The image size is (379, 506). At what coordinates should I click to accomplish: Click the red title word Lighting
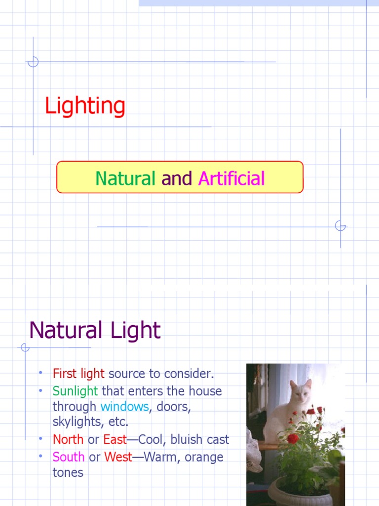85,106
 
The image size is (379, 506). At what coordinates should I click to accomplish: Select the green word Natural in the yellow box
125,178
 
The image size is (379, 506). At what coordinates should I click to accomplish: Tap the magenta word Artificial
231,178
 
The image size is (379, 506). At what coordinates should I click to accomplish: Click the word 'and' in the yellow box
177,178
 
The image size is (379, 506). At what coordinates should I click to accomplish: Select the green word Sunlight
75,391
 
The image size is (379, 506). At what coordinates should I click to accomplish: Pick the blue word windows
124,407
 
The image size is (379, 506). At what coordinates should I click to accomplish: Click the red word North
68,439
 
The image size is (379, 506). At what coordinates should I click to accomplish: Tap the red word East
115,439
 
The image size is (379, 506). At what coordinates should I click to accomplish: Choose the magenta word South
69,457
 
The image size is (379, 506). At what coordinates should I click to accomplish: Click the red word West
118,457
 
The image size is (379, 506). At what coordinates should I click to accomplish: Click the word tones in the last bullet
68,472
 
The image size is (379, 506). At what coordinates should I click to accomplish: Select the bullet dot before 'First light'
41,372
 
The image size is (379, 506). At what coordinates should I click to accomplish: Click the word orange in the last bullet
204,457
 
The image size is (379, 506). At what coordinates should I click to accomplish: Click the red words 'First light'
78,374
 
